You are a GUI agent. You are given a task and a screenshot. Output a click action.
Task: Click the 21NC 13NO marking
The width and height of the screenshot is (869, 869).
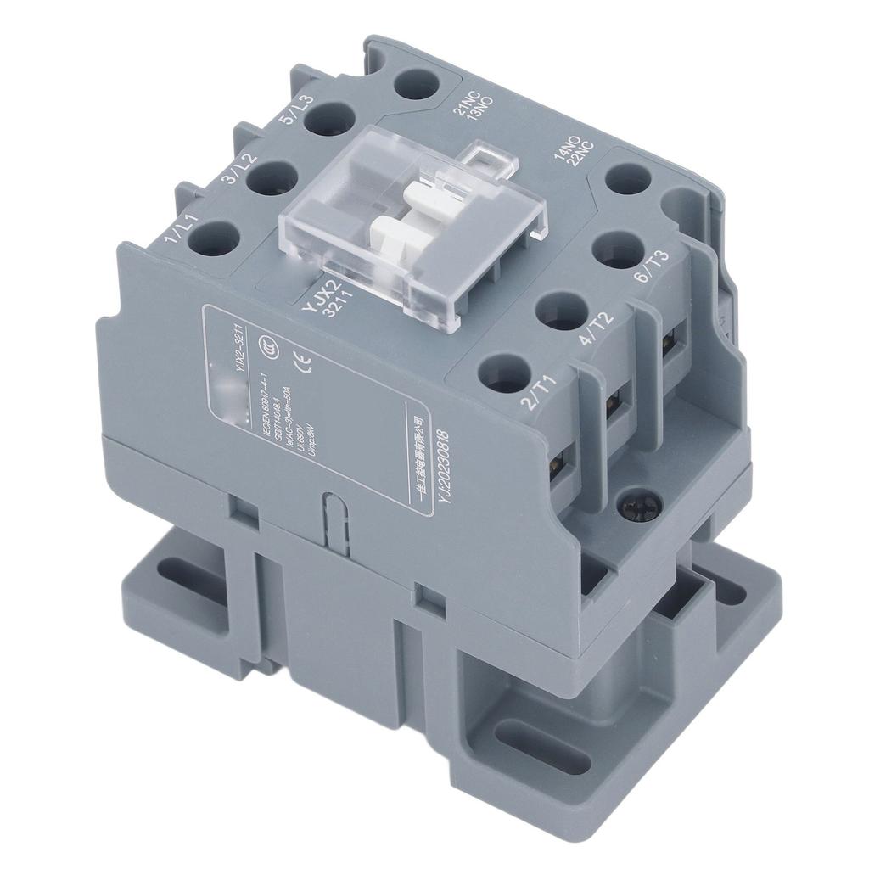(x=471, y=109)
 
